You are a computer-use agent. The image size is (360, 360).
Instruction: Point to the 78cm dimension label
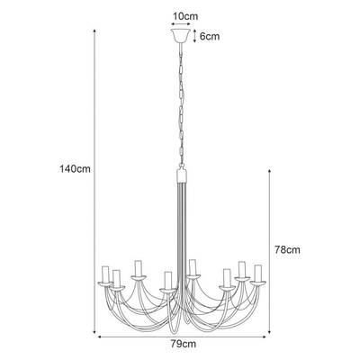coord(287,250)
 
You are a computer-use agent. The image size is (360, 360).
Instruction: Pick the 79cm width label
coord(184,344)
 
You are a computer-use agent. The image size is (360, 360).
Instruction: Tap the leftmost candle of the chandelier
coord(104,274)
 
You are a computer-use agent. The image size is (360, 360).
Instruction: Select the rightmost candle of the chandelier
coord(258,272)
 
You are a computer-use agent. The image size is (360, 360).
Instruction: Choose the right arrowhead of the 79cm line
coord(266,336)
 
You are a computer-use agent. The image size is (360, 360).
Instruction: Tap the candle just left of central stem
coord(166,279)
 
